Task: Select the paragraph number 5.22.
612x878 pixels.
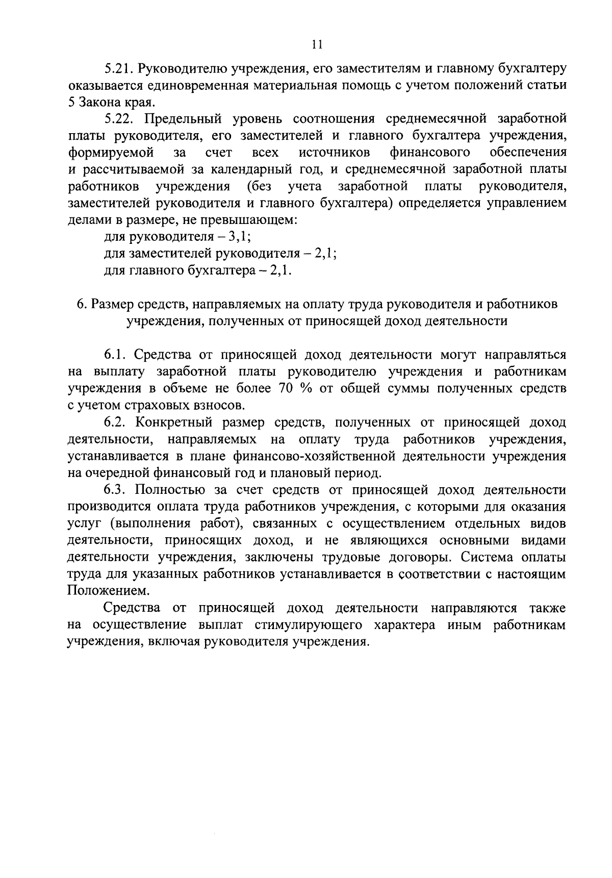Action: click(x=118, y=119)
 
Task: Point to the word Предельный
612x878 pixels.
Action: click(x=175, y=119)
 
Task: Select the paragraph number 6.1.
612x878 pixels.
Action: click(x=114, y=355)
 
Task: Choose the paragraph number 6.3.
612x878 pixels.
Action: click(x=114, y=490)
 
